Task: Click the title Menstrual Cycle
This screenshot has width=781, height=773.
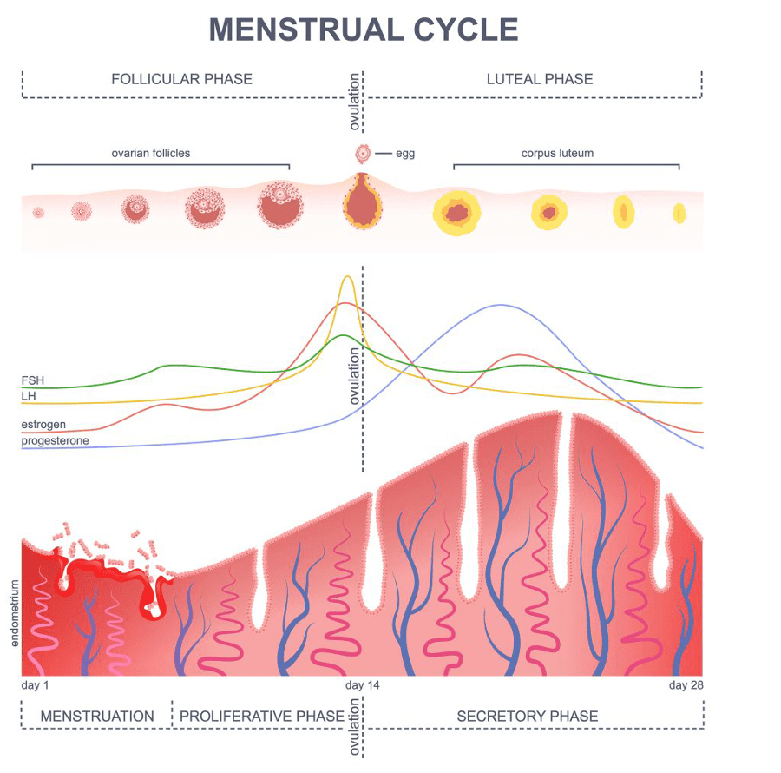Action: coord(364,30)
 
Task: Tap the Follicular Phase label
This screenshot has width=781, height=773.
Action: coord(181,79)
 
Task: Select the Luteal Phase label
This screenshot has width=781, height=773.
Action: coord(539,79)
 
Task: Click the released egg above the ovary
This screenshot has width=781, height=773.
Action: coord(362,154)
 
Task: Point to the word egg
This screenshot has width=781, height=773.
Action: coord(405,154)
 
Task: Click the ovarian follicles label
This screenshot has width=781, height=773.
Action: coord(150,153)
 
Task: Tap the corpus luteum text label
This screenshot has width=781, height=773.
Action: coord(557,153)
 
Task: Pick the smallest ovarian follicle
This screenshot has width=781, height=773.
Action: coord(38,212)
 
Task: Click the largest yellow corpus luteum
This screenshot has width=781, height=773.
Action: coord(456,211)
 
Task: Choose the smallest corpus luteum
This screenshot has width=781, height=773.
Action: coord(679,213)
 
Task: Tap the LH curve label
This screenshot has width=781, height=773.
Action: coord(29,396)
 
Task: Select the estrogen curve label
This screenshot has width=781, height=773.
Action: coord(43,425)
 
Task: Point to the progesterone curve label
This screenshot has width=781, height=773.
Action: coord(55,441)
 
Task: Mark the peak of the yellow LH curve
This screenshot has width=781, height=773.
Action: coord(348,277)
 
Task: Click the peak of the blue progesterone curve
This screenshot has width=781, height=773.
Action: coord(500,305)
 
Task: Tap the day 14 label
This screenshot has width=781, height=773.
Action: coord(362,685)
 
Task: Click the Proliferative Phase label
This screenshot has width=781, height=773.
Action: coord(261,717)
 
